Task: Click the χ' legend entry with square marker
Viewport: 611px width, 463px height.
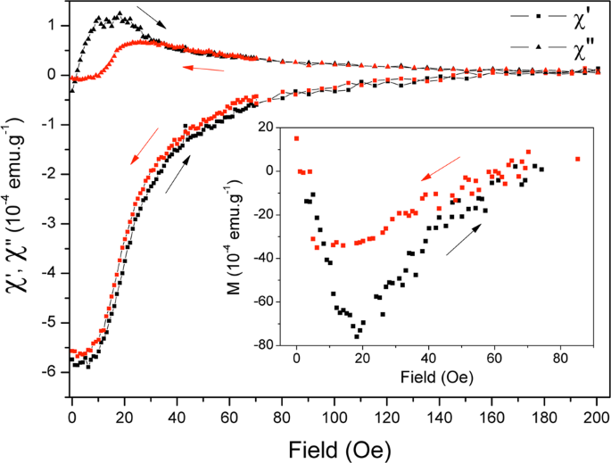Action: (553, 17)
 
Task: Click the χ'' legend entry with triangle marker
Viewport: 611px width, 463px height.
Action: (553, 45)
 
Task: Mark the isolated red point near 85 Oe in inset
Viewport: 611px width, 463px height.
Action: (578, 159)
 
